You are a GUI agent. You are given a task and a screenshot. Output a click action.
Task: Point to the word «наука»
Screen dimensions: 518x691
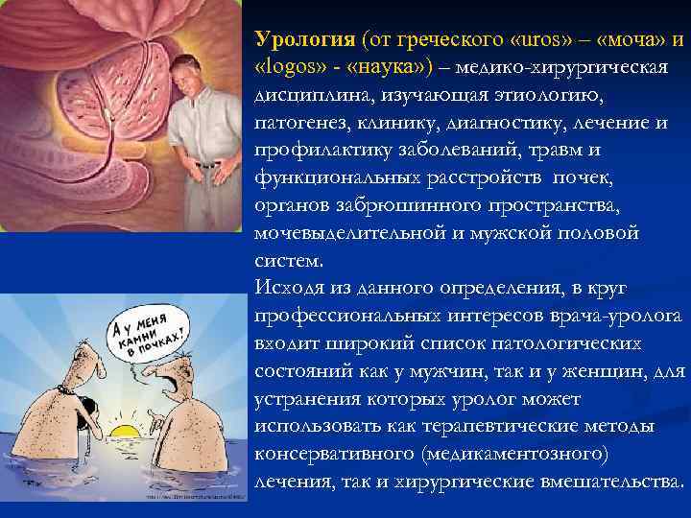pos(391,69)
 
